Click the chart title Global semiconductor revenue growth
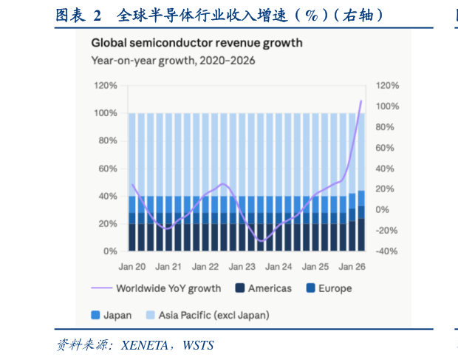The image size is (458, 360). point(197,43)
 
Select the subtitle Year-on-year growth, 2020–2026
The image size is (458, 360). point(173,61)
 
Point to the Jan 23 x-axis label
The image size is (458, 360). point(242,267)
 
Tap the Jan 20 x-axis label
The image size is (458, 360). point(132,267)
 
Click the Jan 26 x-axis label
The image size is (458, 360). point(352,267)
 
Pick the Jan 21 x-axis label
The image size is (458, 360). point(168,267)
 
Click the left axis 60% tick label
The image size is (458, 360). point(108,169)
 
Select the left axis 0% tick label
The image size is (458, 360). point(110,251)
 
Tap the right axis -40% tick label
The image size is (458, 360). point(387,251)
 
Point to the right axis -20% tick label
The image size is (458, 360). point(387,231)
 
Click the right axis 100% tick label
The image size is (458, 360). point(387,106)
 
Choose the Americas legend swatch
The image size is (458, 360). point(240,288)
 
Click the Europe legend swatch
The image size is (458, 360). point(310,288)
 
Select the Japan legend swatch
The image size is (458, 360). point(95,315)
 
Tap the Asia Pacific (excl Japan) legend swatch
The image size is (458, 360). point(150,315)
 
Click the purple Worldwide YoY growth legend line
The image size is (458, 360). point(102,288)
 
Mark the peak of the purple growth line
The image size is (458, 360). point(361,101)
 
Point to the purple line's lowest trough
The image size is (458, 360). point(261,242)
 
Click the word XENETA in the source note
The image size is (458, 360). point(145,345)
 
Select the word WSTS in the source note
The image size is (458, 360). point(198,345)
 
